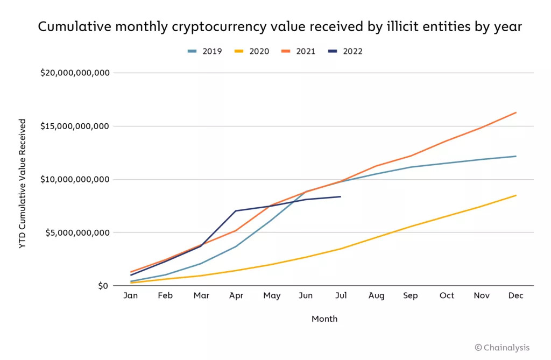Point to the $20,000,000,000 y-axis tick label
pos(75,73)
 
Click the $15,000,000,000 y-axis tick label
pos(75,126)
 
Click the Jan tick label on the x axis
pos(131,295)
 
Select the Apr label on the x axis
pos(236,295)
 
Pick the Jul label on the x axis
pos(341,295)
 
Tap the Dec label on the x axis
pos(516,295)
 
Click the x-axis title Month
pos(324,319)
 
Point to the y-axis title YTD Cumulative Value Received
pos(23,183)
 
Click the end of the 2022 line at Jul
pos(341,196)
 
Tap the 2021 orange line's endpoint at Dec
pos(516,112)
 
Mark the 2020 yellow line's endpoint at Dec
pos(516,195)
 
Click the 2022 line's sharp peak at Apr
pos(236,211)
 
